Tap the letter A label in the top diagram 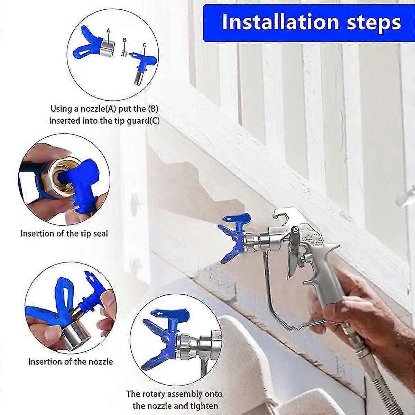click(108, 31)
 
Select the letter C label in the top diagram click(144, 45)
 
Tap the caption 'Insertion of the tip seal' click(64, 233)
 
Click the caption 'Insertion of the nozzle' click(71, 362)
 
